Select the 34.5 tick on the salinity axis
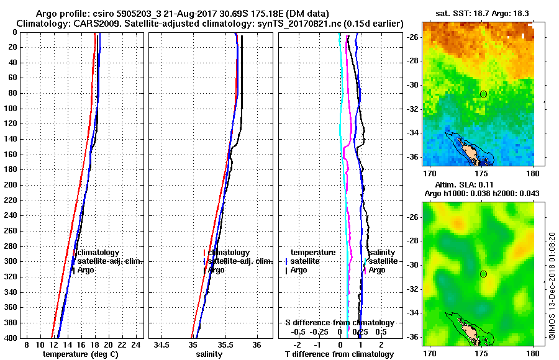click(x=163, y=345)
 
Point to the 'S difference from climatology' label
click(x=339, y=323)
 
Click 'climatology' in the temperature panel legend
click(x=98, y=253)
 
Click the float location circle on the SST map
click(x=483, y=94)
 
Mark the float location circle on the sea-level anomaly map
click(x=483, y=274)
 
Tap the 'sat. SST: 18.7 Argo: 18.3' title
click(x=477, y=13)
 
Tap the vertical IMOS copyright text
click(x=552, y=287)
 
